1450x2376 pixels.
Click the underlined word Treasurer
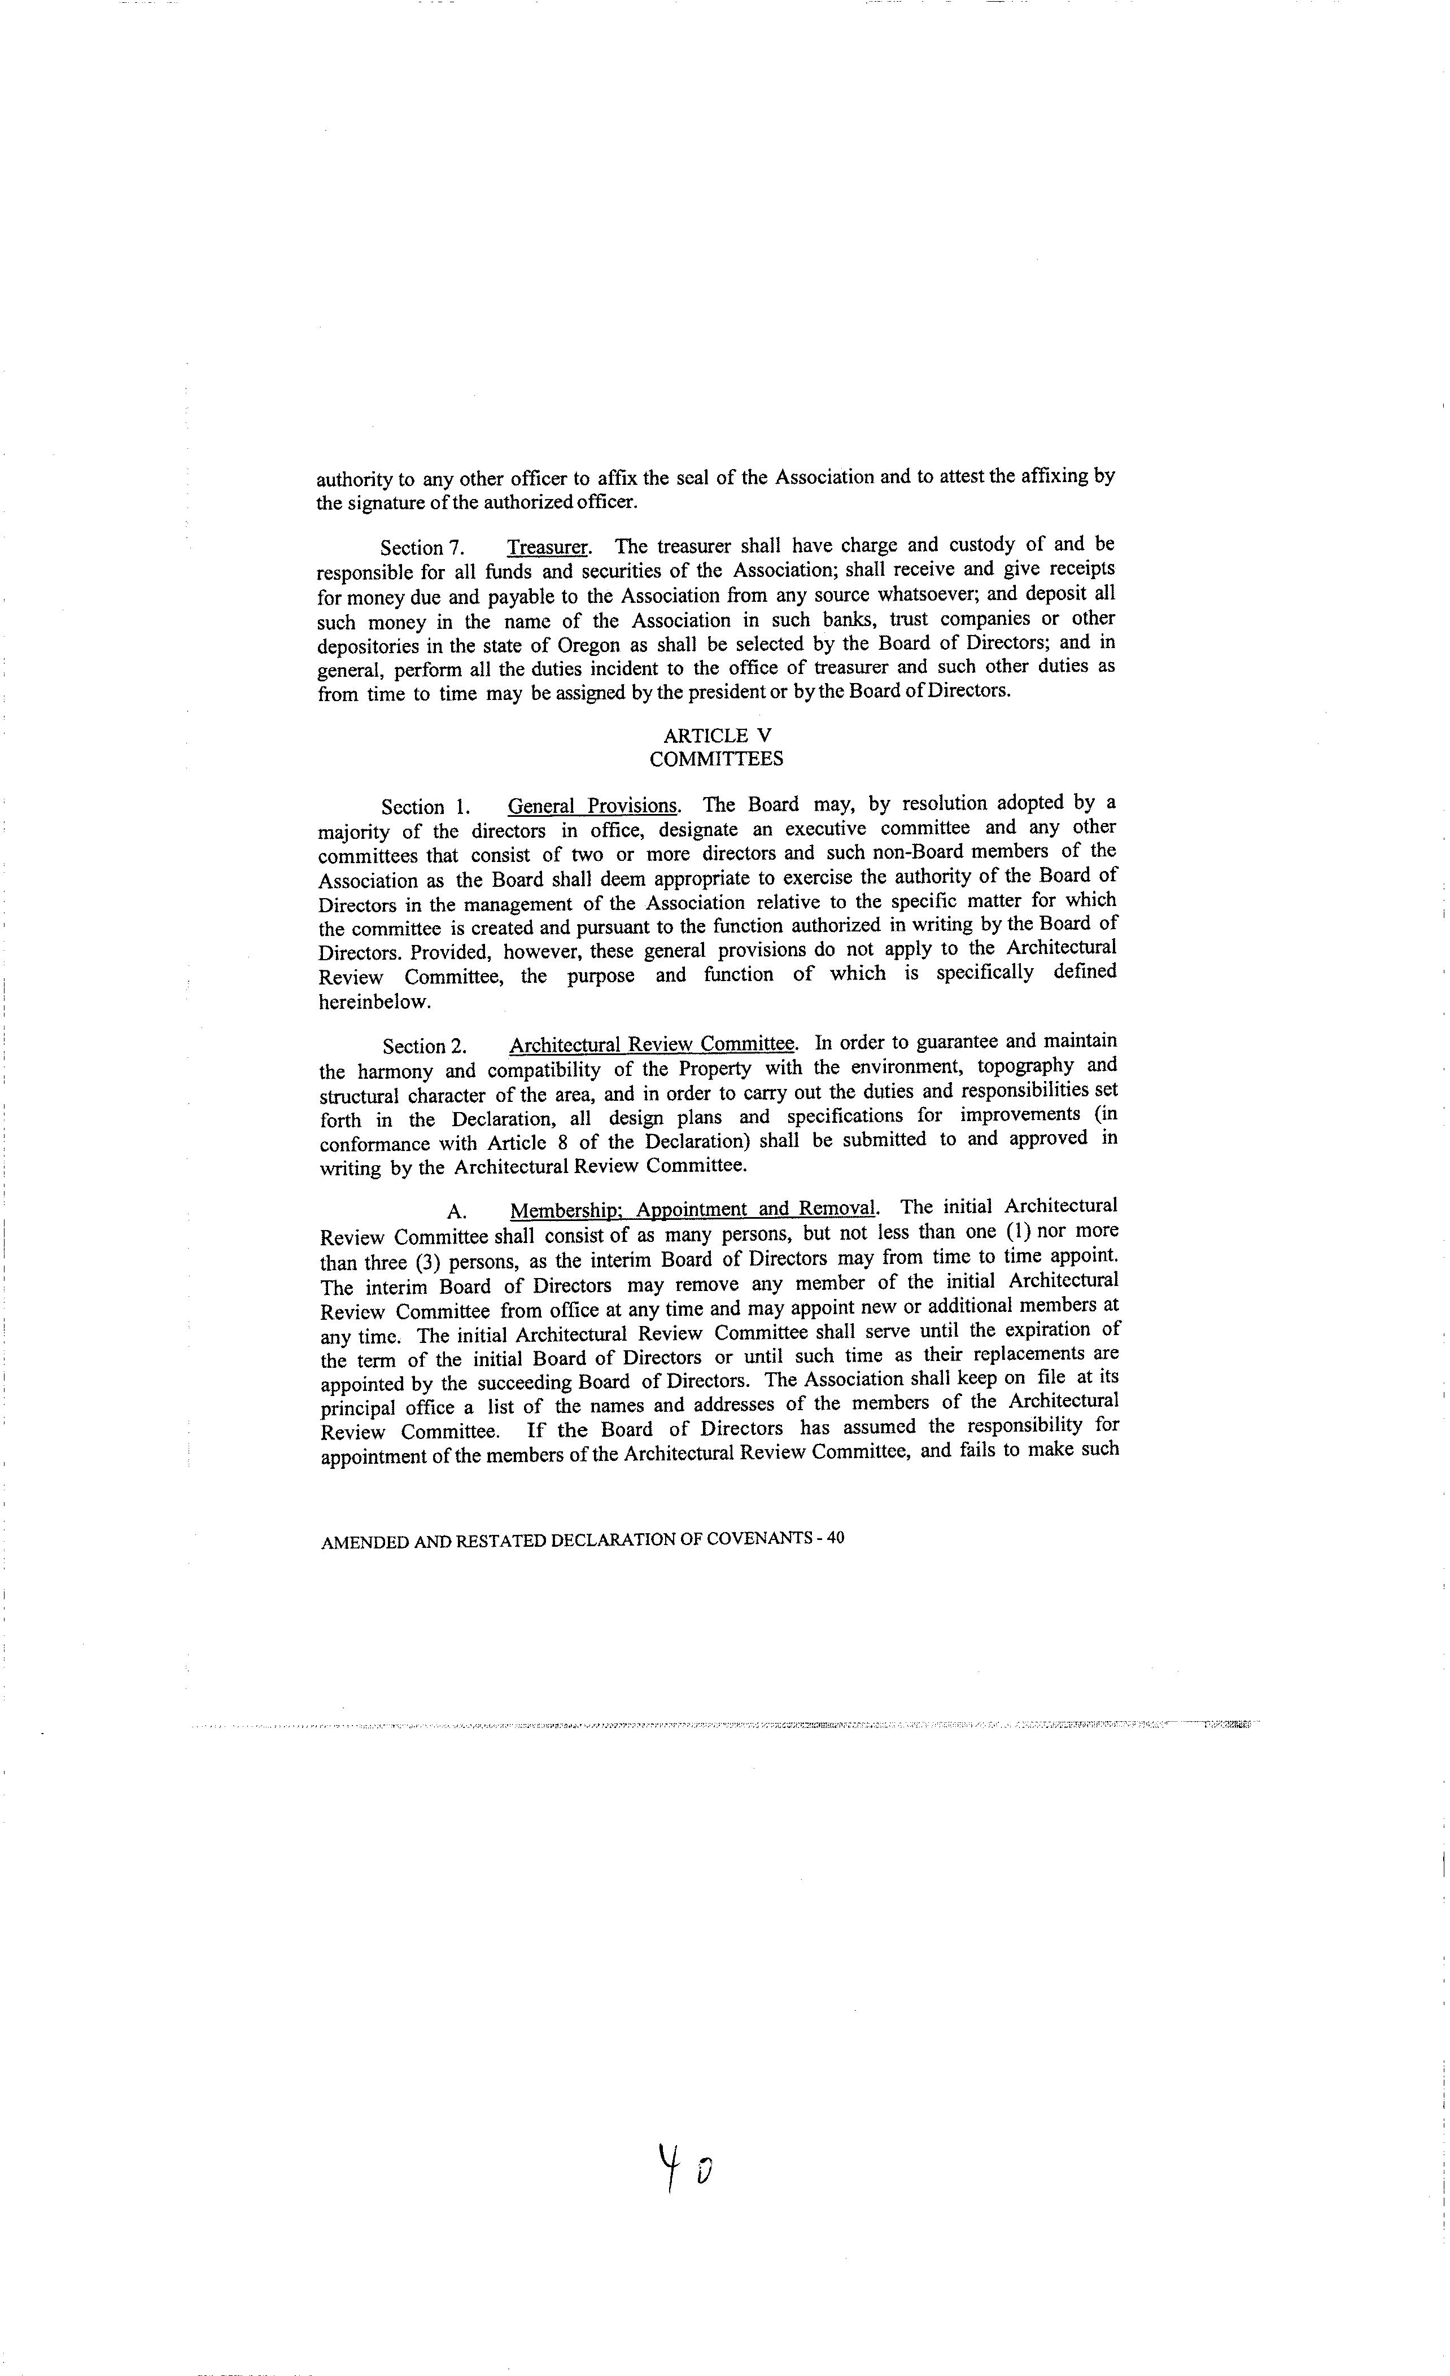pos(547,547)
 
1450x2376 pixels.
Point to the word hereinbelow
pos(374,1002)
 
